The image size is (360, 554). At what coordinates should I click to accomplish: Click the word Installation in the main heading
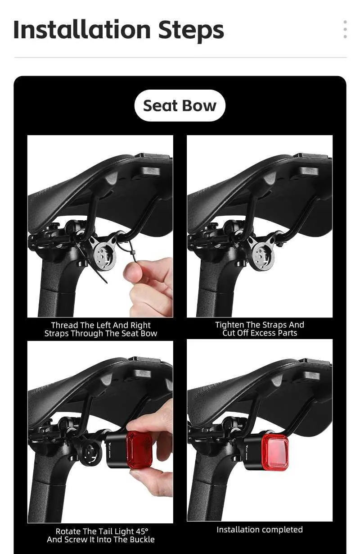coord(82,30)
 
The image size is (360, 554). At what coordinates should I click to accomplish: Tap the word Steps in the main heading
coord(191,31)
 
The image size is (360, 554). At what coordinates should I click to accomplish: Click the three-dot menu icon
coord(345,29)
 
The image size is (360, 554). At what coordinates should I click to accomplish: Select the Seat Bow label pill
coord(180,105)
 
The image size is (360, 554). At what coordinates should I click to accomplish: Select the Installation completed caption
coord(260,530)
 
